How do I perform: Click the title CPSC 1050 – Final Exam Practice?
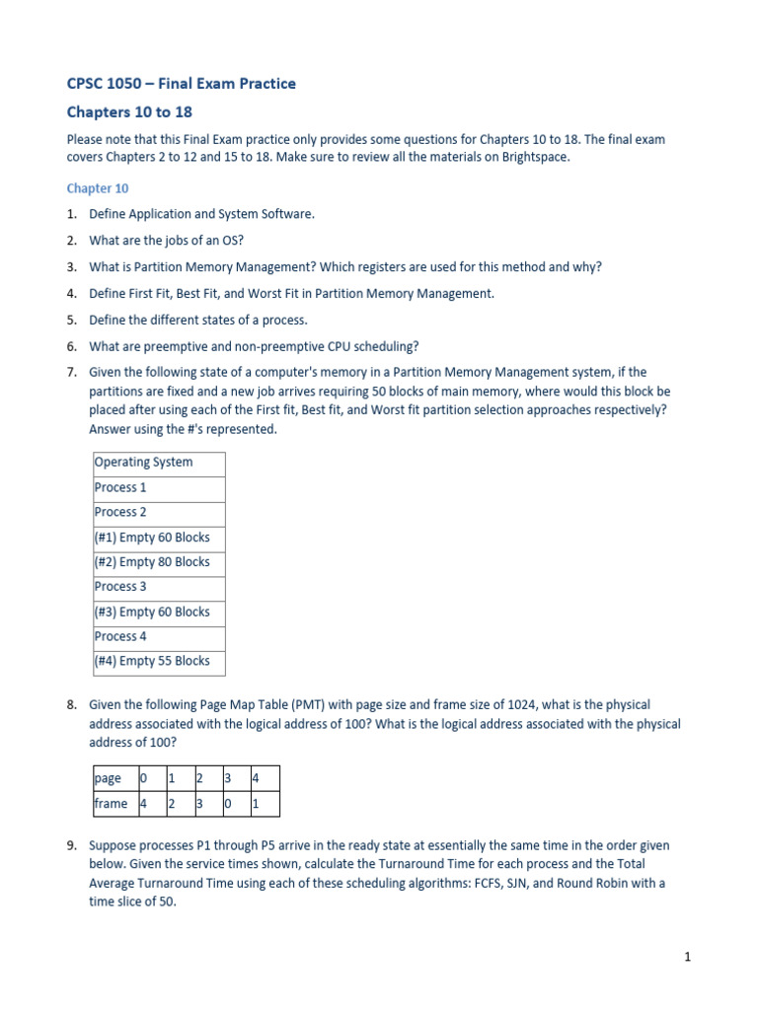181,84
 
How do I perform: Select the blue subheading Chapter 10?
97,188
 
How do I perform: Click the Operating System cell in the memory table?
144,463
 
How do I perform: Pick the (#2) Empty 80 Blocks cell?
152,562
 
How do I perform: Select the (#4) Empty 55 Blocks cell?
152,662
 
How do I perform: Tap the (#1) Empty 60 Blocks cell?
152,538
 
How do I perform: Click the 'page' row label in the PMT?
109,778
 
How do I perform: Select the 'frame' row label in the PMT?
111,804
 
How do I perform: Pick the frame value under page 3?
228,804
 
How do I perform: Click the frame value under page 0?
143,804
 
